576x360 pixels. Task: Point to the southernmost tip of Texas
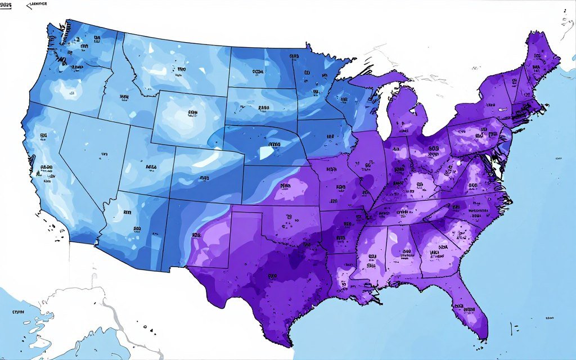(x=290, y=345)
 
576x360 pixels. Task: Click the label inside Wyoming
(x=193, y=113)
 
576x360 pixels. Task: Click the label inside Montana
(x=181, y=70)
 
